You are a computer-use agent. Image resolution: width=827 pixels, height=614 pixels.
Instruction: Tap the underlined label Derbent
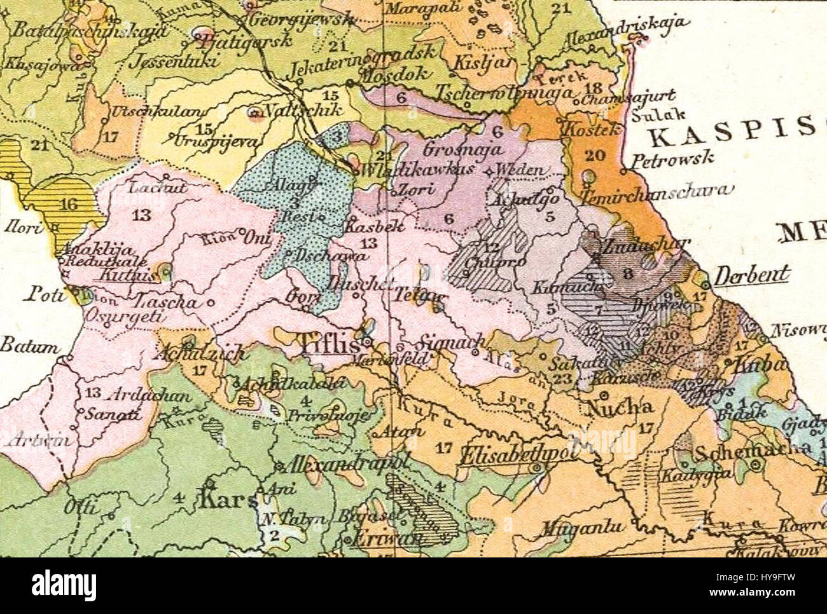click(x=753, y=275)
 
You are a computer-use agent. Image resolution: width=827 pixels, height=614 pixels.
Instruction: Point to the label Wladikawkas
click(x=401, y=171)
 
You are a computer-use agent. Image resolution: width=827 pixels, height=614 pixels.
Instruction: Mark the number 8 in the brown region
click(x=627, y=275)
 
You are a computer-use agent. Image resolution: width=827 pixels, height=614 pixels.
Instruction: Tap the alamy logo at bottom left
click(x=64, y=584)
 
